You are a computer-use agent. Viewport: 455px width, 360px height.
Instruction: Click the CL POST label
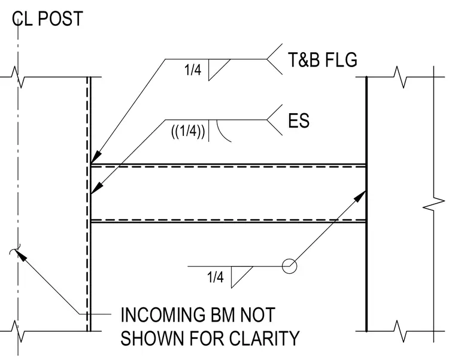pyautogui.click(x=47, y=19)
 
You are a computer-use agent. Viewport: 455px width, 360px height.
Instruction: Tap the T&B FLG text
pyautogui.click(x=322, y=60)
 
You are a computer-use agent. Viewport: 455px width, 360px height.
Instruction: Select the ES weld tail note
pyautogui.click(x=299, y=120)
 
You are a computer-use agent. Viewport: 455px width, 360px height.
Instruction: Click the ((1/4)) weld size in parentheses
pyautogui.click(x=188, y=132)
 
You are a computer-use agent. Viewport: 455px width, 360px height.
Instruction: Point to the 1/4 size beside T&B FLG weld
pyautogui.click(x=193, y=70)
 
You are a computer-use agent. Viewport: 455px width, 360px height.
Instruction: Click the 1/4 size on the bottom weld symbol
pyautogui.click(x=215, y=277)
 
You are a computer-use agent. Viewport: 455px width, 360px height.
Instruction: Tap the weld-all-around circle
pyautogui.click(x=289, y=266)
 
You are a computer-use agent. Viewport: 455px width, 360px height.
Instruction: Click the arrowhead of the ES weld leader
pyautogui.click(x=96, y=188)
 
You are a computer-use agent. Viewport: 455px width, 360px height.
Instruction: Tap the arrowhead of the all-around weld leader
pyautogui.click(x=360, y=196)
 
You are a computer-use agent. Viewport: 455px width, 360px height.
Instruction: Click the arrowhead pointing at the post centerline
pyautogui.click(x=21, y=256)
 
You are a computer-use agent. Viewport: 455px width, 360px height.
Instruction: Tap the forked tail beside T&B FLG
pyautogui.click(x=275, y=59)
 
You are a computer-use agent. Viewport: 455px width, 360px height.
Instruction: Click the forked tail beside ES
pyautogui.click(x=275, y=120)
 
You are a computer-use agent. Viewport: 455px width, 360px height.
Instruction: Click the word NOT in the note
pyautogui.click(x=257, y=314)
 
